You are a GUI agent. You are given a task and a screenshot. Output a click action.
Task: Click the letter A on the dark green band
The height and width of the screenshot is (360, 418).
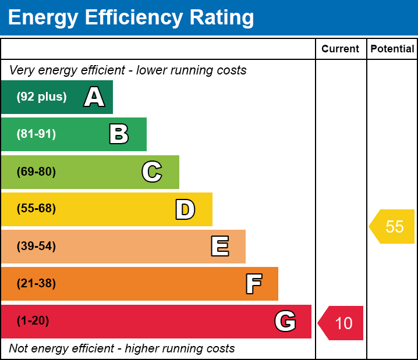[94, 97]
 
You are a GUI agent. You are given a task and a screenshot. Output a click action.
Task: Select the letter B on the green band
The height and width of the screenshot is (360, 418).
[119, 134]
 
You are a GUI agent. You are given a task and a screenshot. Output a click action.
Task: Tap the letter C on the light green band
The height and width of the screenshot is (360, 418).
[152, 172]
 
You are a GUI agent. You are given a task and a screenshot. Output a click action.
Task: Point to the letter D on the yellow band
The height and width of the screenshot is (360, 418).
[185, 209]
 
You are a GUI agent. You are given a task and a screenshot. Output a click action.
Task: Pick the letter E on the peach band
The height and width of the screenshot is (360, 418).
[220, 246]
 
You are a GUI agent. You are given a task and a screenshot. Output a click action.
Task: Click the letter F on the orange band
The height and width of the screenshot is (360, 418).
[254, 284]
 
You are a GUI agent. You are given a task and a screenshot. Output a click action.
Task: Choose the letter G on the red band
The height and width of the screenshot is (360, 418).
[285, 321]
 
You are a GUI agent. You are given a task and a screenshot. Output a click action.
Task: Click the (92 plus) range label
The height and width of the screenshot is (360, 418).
[41, 97]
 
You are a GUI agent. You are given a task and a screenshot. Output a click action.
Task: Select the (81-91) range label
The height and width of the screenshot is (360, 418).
[36, 134]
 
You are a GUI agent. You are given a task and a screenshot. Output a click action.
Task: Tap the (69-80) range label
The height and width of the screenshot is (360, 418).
[36, 172]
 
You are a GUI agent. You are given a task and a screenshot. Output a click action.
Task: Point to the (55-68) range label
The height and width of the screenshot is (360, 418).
[36, 208]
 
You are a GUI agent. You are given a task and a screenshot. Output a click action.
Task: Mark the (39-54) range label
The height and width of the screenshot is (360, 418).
[36, 247]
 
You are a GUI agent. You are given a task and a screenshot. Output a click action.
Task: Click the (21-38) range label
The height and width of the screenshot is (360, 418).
[36, 284]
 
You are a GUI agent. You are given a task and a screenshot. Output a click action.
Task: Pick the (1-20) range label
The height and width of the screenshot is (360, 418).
[33, 320]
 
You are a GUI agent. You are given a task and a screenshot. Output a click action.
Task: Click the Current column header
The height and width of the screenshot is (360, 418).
[340, 49]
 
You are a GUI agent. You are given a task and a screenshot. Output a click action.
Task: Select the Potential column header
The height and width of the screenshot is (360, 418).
[392, 49]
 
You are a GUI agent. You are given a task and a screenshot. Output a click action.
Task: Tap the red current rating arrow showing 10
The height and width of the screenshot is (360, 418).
[341, 323]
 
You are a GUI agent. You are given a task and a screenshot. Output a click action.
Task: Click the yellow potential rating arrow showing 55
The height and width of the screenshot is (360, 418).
[392, 227]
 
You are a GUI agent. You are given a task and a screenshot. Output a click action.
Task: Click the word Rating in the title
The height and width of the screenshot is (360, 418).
[222, 17]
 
